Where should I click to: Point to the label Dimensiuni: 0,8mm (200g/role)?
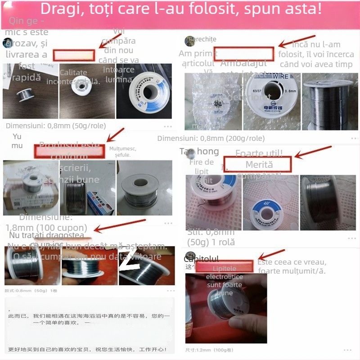click(211, 138)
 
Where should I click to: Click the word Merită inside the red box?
click(259, 165)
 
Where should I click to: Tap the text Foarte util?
click(259, 154)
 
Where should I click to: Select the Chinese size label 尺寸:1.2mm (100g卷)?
click(209, 350)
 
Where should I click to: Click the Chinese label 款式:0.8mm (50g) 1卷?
click(31, 291)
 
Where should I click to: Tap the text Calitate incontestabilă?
click(79, 77)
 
